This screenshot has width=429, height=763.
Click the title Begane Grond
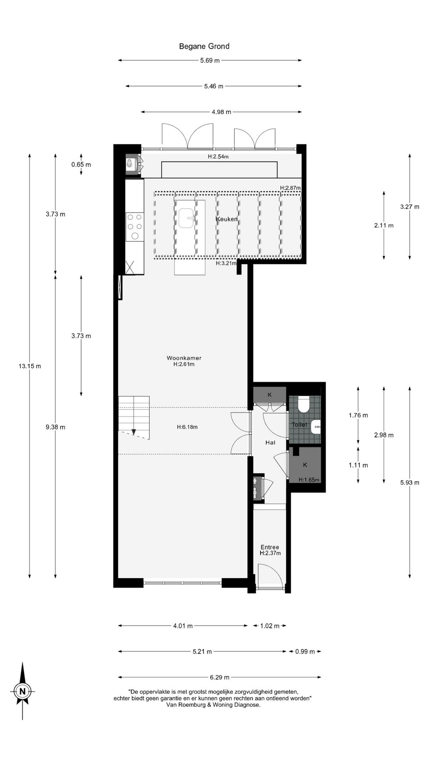point(204,46)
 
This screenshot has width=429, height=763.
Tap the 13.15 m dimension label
point(30,366)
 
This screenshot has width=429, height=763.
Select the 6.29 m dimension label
point(220,677)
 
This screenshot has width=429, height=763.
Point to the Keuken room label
point(227,219)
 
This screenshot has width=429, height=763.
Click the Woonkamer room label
point(184,358)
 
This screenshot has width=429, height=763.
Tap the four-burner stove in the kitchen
point(135,227)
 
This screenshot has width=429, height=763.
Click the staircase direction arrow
point(134,432)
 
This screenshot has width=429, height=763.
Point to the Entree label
point(270,547)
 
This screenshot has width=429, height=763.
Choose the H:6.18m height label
point(187,427)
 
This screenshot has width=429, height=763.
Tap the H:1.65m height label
point(309,480)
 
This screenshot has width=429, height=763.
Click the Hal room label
point(270,442)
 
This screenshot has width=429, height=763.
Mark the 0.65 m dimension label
point(81,165)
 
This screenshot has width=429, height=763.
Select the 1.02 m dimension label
point(270,626)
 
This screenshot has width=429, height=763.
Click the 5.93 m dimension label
point(410,483)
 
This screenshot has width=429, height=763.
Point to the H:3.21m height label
point(226,263)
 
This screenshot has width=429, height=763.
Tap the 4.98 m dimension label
point(221,112)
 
